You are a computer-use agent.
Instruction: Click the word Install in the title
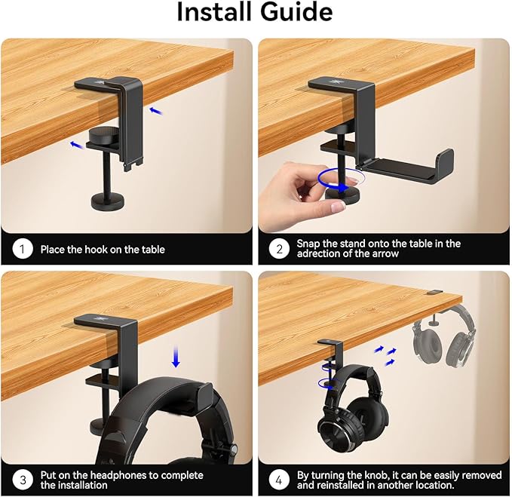coord(214,11)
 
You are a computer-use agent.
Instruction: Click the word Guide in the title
coord(296,11)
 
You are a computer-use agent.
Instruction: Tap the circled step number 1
coord(23,249)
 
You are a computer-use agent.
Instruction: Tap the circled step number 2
coord(279,249)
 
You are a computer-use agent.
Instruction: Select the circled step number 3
coord(23,480)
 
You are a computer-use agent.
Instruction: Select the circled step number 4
coord(279,480)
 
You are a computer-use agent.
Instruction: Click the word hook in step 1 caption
coord(96,250)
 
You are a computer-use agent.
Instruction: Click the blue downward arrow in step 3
coord(176,357)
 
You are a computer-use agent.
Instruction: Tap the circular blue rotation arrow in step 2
coord(341,180)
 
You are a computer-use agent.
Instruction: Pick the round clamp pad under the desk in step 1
coord(103,134)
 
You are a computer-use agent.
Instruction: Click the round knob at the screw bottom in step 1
coord(108,201)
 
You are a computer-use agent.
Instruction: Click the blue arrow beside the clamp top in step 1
coord(156,111)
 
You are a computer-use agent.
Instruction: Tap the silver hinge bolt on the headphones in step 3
coord(234,450)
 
